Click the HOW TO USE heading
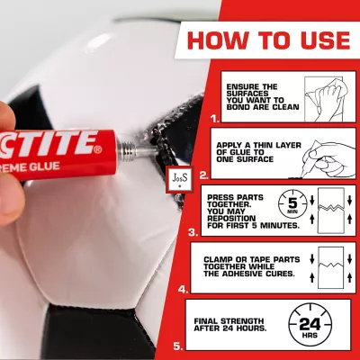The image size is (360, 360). (269, 40)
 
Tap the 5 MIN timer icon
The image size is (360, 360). (292, 204)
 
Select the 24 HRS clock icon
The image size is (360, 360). (310, 326)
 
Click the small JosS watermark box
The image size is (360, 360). (180, 179)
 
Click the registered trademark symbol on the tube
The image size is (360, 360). (98, 149)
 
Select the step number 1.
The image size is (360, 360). (215, 119)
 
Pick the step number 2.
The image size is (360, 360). (203, 175)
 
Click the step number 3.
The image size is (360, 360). (193, 232)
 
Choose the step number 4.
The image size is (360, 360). (184, 290)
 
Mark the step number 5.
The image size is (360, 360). (178, 346)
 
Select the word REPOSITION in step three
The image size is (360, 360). (231, 218)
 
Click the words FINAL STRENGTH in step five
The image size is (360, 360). (229, 321)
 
